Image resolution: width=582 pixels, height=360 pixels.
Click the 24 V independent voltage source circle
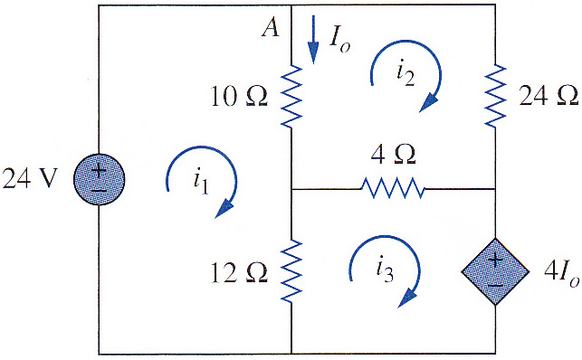click(99, 179)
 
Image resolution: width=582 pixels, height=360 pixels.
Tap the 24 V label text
click(30, 178)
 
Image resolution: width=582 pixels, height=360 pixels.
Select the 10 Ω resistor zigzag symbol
click(291, 97)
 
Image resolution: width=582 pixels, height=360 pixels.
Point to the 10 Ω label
click(239, 97)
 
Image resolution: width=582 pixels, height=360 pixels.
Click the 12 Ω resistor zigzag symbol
click(291, 271)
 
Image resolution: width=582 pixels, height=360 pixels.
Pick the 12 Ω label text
click(239, 273)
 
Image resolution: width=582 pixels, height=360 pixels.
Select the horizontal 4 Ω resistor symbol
click(393, 188)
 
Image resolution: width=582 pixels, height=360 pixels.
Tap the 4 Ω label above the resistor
click(393, 154)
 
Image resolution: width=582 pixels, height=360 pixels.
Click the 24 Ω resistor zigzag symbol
click(495, 97)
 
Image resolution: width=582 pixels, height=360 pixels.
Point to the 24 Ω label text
click(549, 95)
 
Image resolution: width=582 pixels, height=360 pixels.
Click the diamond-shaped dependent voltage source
click(495, 271)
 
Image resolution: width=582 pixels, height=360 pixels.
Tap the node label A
click(271, 27)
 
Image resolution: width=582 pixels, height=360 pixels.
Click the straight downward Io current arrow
click(314, 40)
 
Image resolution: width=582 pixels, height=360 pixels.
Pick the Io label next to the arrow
click(339, 40)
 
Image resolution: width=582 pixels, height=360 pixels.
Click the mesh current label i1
click(201, 182)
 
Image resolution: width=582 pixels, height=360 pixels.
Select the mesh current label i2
click(405, 74)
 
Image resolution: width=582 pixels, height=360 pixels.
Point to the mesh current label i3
click(385, 270)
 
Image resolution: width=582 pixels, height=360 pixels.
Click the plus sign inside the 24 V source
click(99, 171)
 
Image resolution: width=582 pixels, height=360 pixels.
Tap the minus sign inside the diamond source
click(495, 285)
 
